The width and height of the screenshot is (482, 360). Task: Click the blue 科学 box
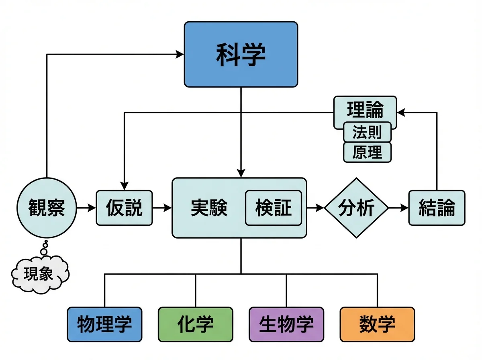[x=241, y=54]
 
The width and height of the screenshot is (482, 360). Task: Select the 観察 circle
[x=47, y=208]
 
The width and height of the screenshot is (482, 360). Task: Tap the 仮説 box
[x=124, y=208]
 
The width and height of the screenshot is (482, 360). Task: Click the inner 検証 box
[x=273, y=208]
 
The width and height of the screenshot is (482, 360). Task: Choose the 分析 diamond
[x=356, y=208]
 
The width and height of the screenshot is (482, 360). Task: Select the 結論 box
[x=437, y=208]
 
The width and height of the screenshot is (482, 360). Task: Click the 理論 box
[x=365, y=109]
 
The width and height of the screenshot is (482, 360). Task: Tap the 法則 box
[x=367, y=132]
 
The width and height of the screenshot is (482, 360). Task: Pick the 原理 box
[x=367, y=152]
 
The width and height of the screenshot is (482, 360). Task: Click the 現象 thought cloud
[x=39, y=274]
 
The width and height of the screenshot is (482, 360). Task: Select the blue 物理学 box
[x=104, y=324]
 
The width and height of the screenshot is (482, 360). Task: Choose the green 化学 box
[x=196, y=324]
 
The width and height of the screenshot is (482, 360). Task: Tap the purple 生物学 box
[x=286, y=324]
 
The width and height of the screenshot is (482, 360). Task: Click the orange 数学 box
[x=378, y=324]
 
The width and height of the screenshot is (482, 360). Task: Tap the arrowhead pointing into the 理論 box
[x=400, y=112]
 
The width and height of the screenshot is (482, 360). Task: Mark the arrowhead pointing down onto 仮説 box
[x=124, y=187]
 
